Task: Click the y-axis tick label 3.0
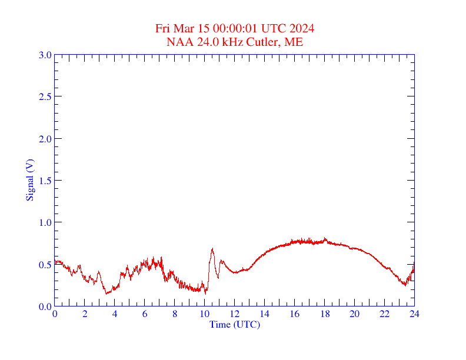click(45, 55)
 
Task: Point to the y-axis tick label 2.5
click(45, 96)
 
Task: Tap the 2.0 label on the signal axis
click(45, 139)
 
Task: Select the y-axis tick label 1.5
click(45, 181)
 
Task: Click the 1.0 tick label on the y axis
click(45, 222)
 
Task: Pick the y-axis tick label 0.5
click(45, 265)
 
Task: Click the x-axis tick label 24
click(414, 314)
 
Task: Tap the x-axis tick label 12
click(235, 314)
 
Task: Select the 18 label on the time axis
click(324, 314)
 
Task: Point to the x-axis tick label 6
click(145, 314)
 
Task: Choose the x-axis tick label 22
click(384, 314)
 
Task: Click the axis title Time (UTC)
click(234, 324)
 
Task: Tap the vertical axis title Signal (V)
click(29, 181)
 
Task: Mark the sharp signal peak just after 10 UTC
click(212, 249)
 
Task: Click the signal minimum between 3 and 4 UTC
click(106, 293)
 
